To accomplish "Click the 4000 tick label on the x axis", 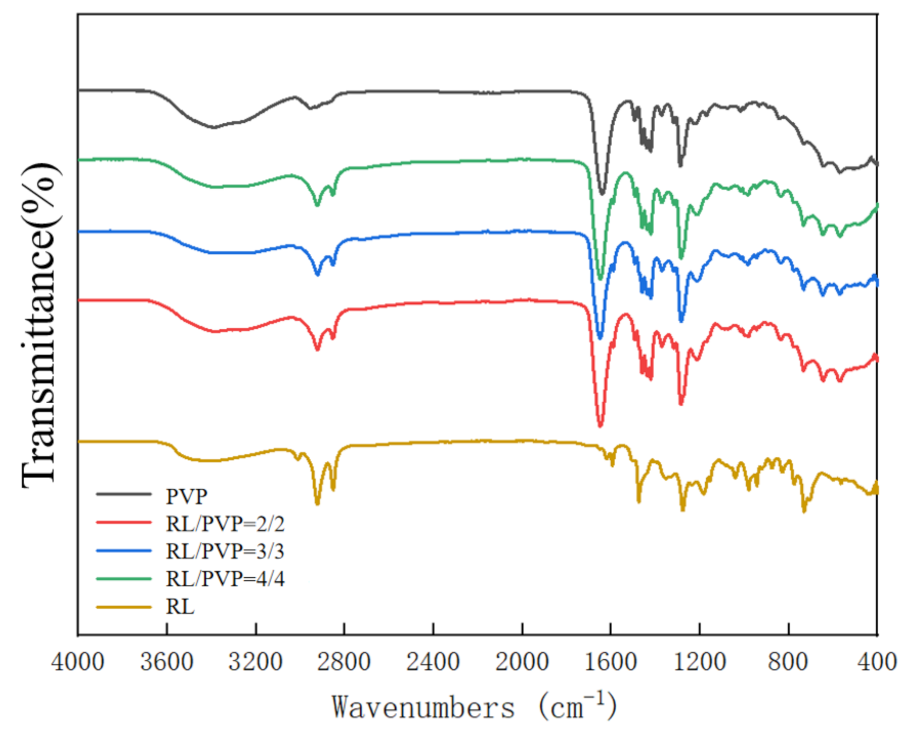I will coord(78,661).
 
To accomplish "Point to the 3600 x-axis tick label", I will coord(167,661).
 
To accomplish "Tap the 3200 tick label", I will coord(255,661).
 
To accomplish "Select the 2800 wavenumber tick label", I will coord(344,661).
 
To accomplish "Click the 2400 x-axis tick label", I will coord(433,661).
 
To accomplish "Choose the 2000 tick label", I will coord(522,661).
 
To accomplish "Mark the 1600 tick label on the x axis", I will coord(611,661).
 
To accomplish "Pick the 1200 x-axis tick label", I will coord(699,661).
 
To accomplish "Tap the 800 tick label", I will coord(788,661).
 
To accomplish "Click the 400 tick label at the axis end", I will coord(877,661).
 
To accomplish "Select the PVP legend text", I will coord(186,496).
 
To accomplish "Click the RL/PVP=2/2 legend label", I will coord(225,524).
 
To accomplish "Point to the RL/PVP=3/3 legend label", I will coord(225,551).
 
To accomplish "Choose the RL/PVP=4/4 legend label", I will coord(225,578).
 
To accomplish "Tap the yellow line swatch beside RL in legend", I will coord(124,606).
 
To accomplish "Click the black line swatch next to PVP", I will coord(124,494).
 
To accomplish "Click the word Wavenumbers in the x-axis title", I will coord(423,707).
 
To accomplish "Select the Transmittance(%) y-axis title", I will coord(40,325).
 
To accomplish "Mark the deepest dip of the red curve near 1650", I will coord(600,424).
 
